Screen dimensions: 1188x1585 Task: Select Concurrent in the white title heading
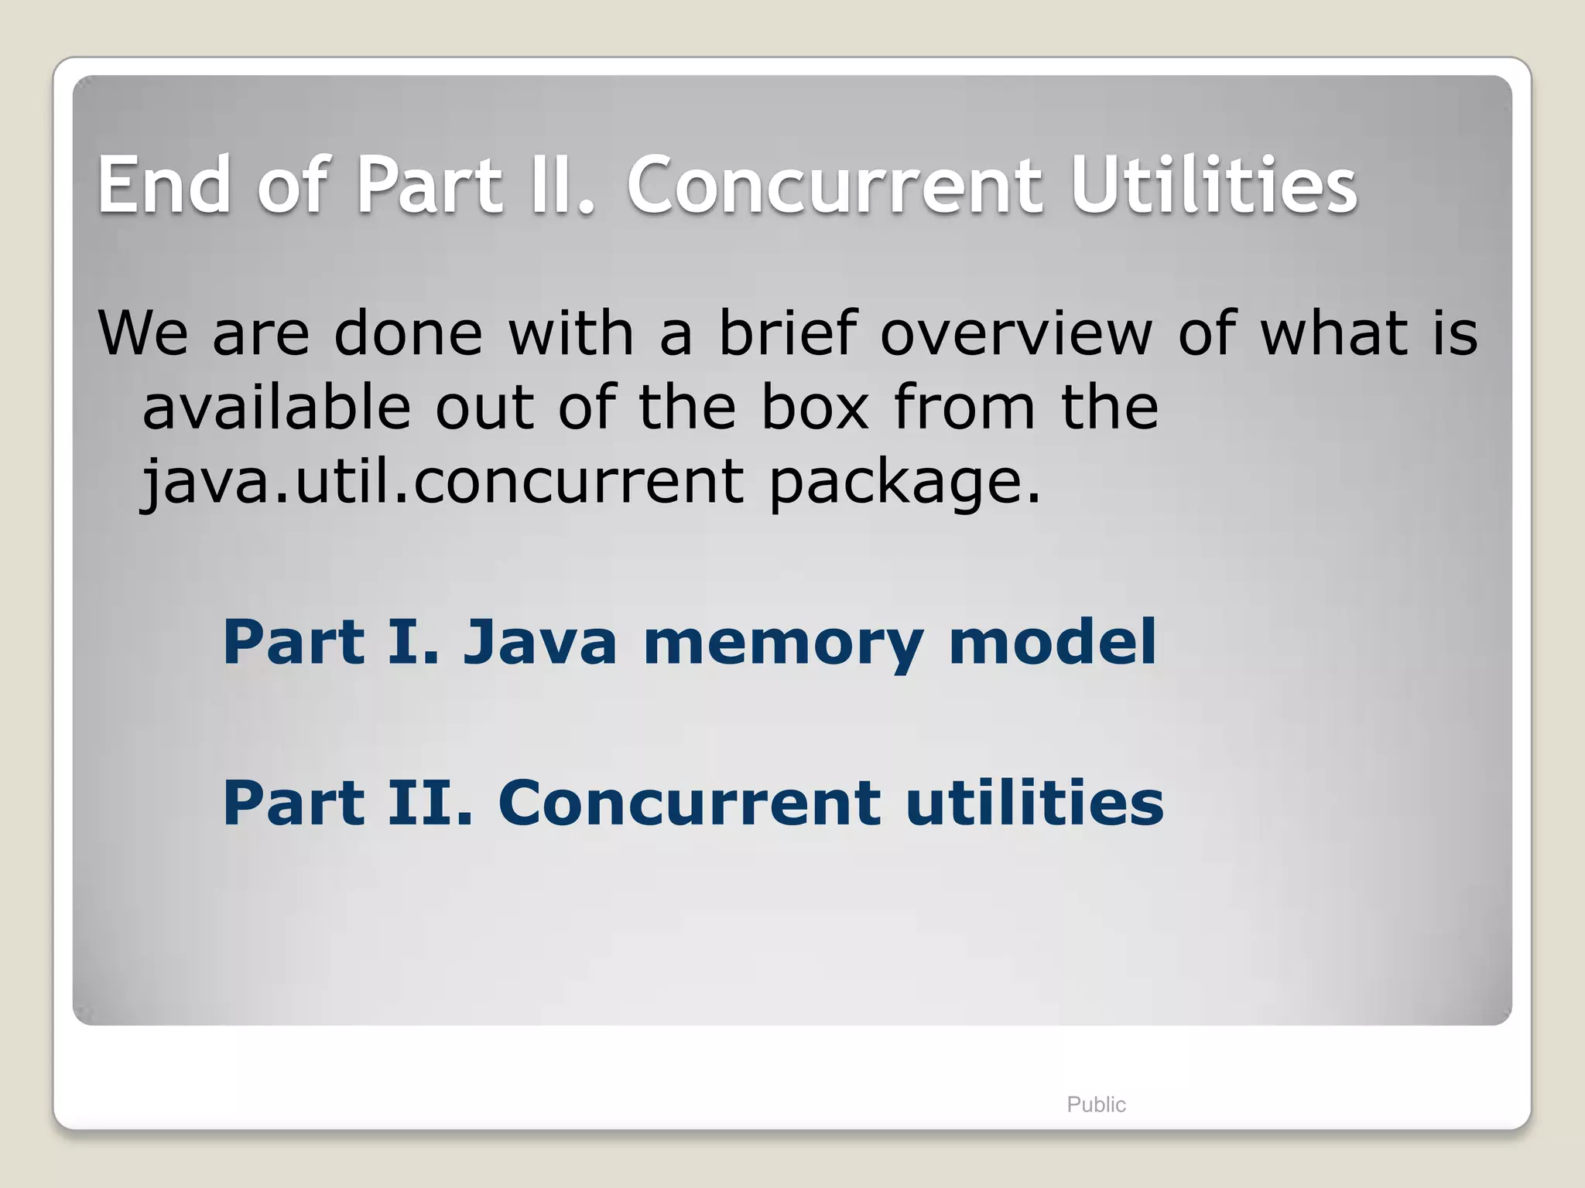(x=836, y=186)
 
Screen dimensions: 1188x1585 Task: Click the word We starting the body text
(x=143, y=333)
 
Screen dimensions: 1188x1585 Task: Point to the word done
(x=409, y=333)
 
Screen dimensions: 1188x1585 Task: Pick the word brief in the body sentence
(x=788, y=333)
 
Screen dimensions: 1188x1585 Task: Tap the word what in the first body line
(x=1334, y=333)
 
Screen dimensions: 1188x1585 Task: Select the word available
(x=276, y=407)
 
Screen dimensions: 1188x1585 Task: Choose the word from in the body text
(x=964, y=407)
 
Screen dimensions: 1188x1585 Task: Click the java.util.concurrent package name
(x=443, y=481)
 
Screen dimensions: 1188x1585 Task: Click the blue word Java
(x=540, y=642)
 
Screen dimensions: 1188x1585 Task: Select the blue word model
(x=1053, y=642)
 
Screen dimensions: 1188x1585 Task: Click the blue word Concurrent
(x=690, y=803)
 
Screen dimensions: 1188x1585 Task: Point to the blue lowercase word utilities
(x=1035, y=803)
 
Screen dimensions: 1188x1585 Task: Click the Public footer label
(x=1096, y=1104)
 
